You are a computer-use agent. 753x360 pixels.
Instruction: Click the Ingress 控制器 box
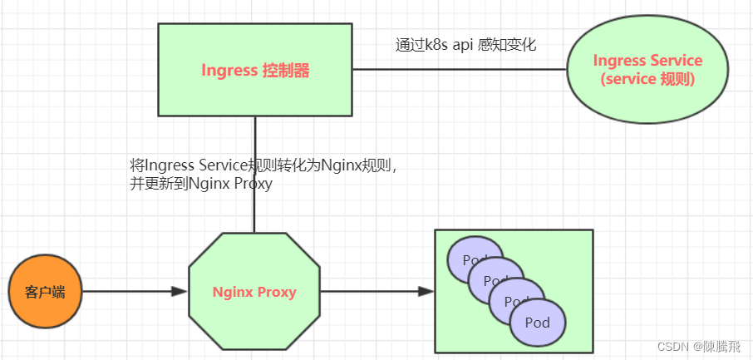click(255, 71)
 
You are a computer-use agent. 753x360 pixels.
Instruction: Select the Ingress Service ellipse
click(647, 71)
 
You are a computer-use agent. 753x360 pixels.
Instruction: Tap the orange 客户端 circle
click(45, 292)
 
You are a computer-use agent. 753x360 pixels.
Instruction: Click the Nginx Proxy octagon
click(254, 292)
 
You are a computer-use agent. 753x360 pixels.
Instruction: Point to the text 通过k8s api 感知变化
click(465, 45)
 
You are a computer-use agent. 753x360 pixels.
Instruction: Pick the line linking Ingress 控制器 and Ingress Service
click(457, 70)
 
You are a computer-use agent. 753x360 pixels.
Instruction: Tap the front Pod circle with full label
click(538, 323)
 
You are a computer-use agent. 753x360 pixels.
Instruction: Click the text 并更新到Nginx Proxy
click(201, 185)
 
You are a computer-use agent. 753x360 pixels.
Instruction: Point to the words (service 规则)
click(647, 80)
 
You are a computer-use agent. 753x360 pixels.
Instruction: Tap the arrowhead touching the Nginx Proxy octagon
click(179, 292)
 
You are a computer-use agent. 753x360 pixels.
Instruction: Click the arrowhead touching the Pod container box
click(426, 292)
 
